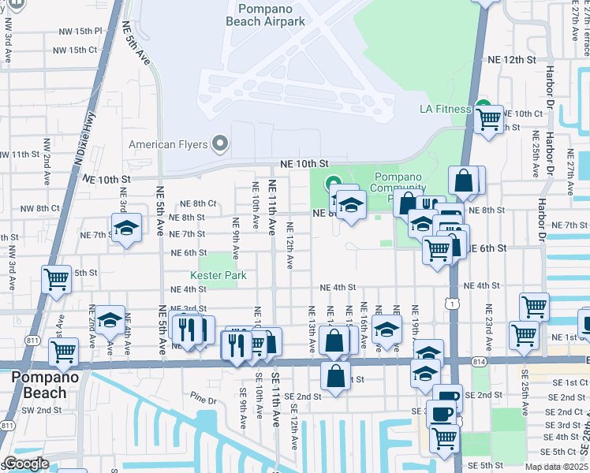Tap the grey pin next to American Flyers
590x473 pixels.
(220, 144)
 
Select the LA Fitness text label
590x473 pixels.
(444, 109)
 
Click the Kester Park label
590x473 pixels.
(218, 275)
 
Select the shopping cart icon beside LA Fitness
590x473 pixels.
(489, 120)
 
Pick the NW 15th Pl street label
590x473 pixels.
(77, 31)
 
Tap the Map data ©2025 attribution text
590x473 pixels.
(556, 467)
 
